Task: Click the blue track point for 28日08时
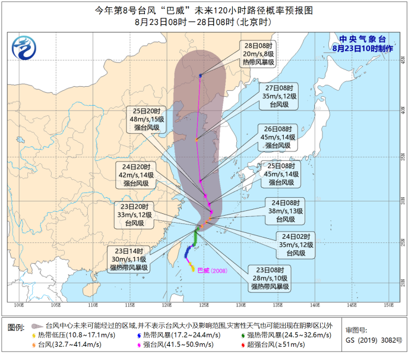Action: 201,75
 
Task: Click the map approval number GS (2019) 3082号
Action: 374,341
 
